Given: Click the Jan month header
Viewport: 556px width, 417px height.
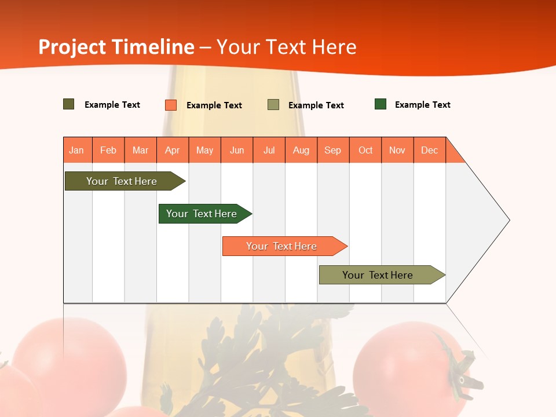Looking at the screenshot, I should pyautogui.click(x=77, y=150).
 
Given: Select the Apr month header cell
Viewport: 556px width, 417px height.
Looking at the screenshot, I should pyautogui.click(x=173, y=150).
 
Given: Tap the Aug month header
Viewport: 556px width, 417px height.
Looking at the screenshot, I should pyautogui.click(x=301, y=150).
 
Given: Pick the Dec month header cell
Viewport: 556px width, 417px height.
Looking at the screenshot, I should pyautogui.click(x=429, y=150).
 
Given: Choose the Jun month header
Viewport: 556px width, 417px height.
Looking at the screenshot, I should pyautogui.click(x=237, y=150).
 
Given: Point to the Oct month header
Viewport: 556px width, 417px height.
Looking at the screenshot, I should pyautogui.click(x=365, y=150).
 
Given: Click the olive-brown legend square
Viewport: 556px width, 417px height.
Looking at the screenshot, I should pyautogui.click(x=69, y=104).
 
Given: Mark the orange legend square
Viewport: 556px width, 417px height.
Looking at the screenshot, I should pyautogui.click(x=171, y=105).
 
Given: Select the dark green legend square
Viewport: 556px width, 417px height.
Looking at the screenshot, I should pyautogui.click(x=381, y=104).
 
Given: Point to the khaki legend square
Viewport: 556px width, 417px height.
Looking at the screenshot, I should pyautogui.click(x=273, y=105).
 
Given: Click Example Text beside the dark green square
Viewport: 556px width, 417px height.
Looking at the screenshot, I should pyautogui.click(x=422, y=105).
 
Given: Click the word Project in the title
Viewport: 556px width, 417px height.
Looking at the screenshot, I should pyautogui.click(x=72, y=47).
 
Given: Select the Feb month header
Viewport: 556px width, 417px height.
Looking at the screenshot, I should pyautogui.click(x=108, y=150).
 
